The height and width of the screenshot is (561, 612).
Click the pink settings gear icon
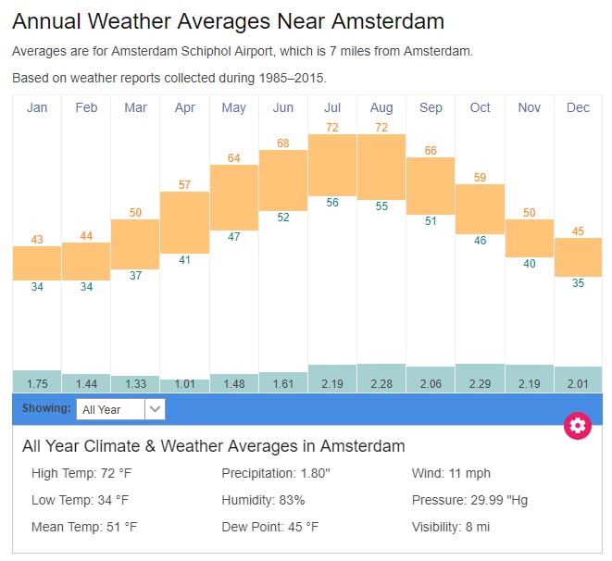[x=578, y=425]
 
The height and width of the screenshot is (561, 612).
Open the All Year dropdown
[x=120, y=408]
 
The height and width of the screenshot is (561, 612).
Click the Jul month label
[x=332, y=108]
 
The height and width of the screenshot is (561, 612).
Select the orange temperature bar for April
[x=184, y=222]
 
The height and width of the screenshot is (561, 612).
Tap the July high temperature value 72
[x=332, y=126]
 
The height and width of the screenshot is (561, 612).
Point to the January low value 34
[x=37, y=287]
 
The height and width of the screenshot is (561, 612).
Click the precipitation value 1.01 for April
[x=184, y=384]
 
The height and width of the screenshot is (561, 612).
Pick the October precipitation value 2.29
[x=480, y=384]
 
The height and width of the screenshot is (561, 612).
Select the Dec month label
[x=578, y=108]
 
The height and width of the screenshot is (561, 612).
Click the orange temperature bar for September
[x=431, y=185]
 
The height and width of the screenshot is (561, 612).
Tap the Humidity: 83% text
[x=263, y=500]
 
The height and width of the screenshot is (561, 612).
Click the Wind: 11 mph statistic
[x=451, y=474]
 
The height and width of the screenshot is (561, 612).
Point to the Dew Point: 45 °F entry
[x=269, y=527]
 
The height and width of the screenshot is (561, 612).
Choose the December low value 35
[x=578, y=283]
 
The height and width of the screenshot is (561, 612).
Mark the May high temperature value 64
[x=233, y=158]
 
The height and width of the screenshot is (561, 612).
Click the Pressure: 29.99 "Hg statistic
[x=469, y=500]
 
